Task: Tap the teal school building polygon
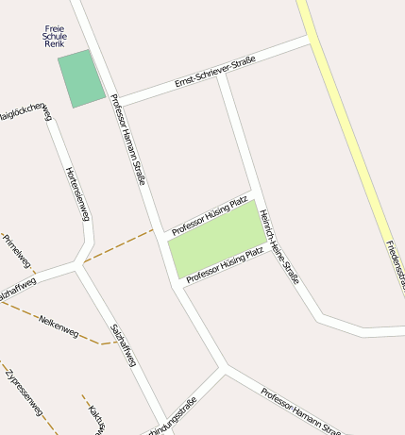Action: (81, 78)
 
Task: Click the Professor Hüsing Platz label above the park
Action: (209, 213)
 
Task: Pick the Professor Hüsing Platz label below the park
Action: (225, 265)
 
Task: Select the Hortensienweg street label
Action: (77, 194)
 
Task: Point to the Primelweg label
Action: (18, 251)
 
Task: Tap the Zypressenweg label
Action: (24, 393)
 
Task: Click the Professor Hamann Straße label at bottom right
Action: (300, 410)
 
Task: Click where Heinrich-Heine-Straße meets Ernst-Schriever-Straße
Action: (223, 75)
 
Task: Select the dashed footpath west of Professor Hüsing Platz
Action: (117, 244)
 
